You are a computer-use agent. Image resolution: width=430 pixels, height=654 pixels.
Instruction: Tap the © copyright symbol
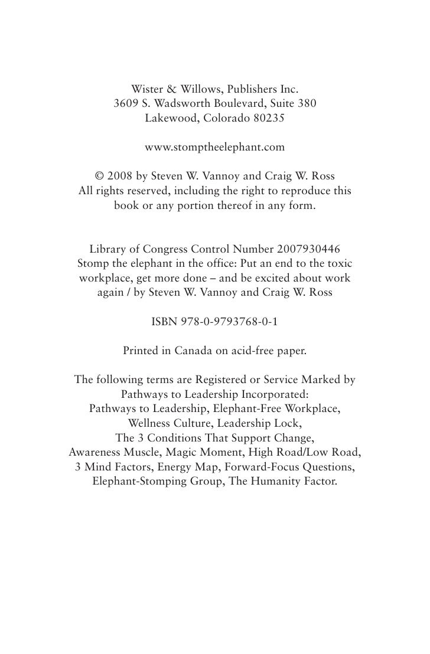click(x=100, y=175)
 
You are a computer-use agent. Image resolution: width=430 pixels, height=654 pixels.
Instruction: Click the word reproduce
click(x=299, y=189)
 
